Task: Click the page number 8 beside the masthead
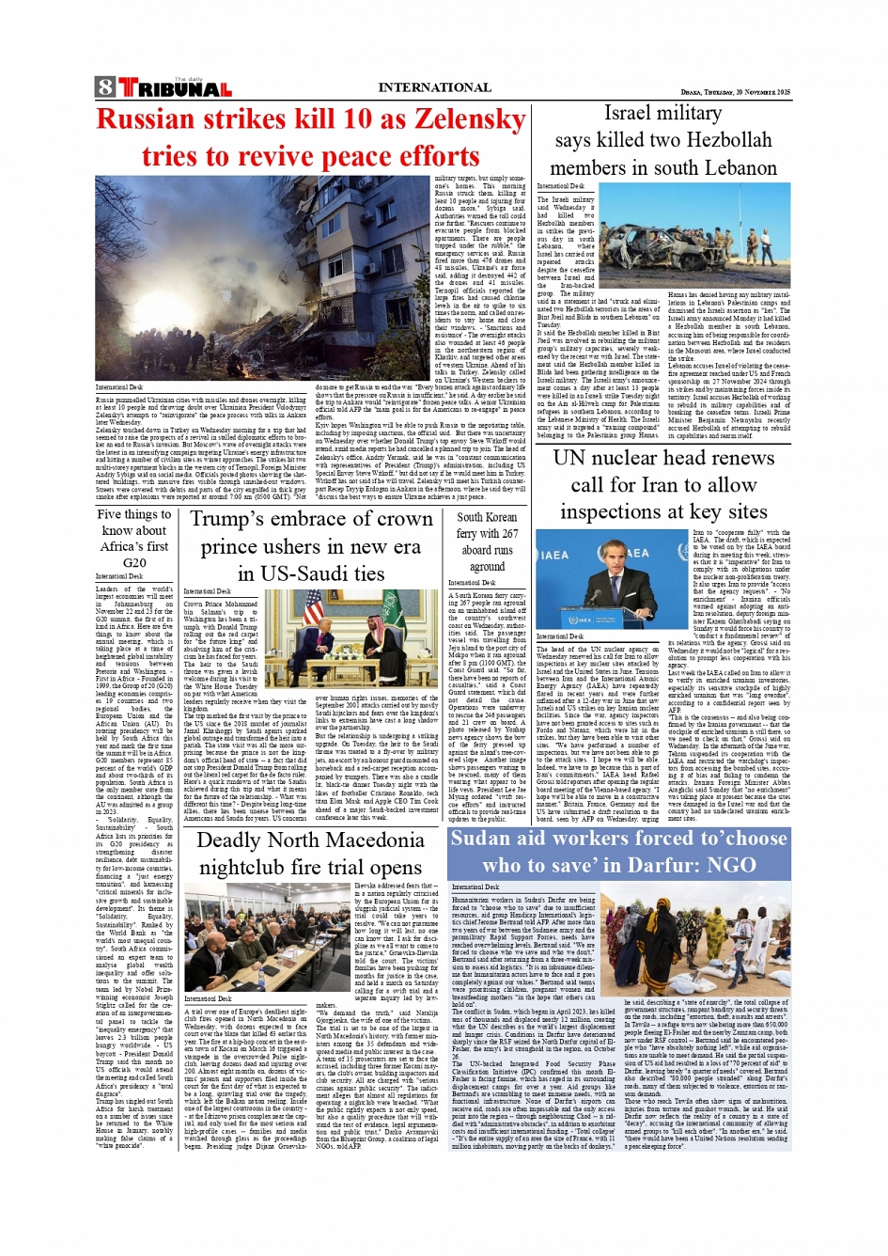tap(105, 88)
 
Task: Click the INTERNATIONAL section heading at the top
tap(434, 87)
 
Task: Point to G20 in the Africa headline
tap(134, 562)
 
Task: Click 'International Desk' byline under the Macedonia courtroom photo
tap(209, 998)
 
